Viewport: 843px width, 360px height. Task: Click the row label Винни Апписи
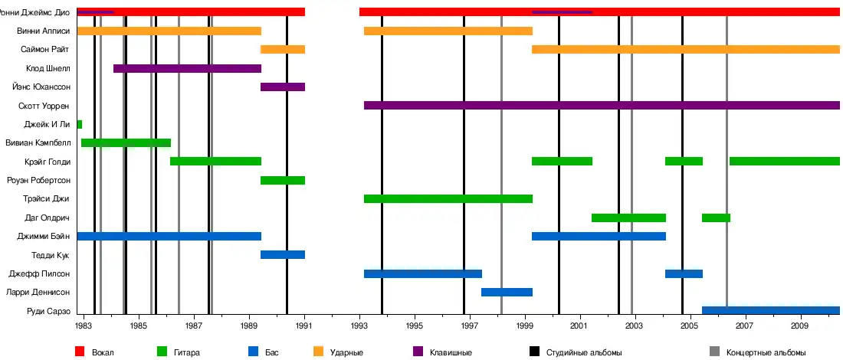tap(44, 31)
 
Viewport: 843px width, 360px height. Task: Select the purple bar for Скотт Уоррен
tap(602, 106)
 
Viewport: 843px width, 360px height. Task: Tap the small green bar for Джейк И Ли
tap(80, 124)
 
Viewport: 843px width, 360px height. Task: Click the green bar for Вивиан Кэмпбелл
tap(126, 142)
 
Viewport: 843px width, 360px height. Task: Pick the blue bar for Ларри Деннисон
tap(507, 292)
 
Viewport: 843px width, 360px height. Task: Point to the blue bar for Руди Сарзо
tap(770, 310)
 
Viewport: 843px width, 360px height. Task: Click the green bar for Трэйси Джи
tap(448, 199)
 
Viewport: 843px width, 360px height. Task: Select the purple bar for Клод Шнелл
tap(187, 69)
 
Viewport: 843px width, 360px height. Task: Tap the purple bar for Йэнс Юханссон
tap(283, 87)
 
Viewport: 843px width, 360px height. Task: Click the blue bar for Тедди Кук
tap(283, 255)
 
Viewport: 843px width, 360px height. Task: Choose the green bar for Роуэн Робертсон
tap(283, 181)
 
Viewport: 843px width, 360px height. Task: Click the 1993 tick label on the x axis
tap(359, 326)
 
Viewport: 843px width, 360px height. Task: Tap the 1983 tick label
tap(84, 326)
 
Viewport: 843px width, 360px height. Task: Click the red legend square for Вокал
tap(80, 352)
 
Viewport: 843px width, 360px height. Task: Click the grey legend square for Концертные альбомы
tap(714, 352)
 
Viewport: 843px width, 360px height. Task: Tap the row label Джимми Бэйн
tap(44, 237)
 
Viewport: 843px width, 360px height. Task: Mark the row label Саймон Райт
tap(46, 50)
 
